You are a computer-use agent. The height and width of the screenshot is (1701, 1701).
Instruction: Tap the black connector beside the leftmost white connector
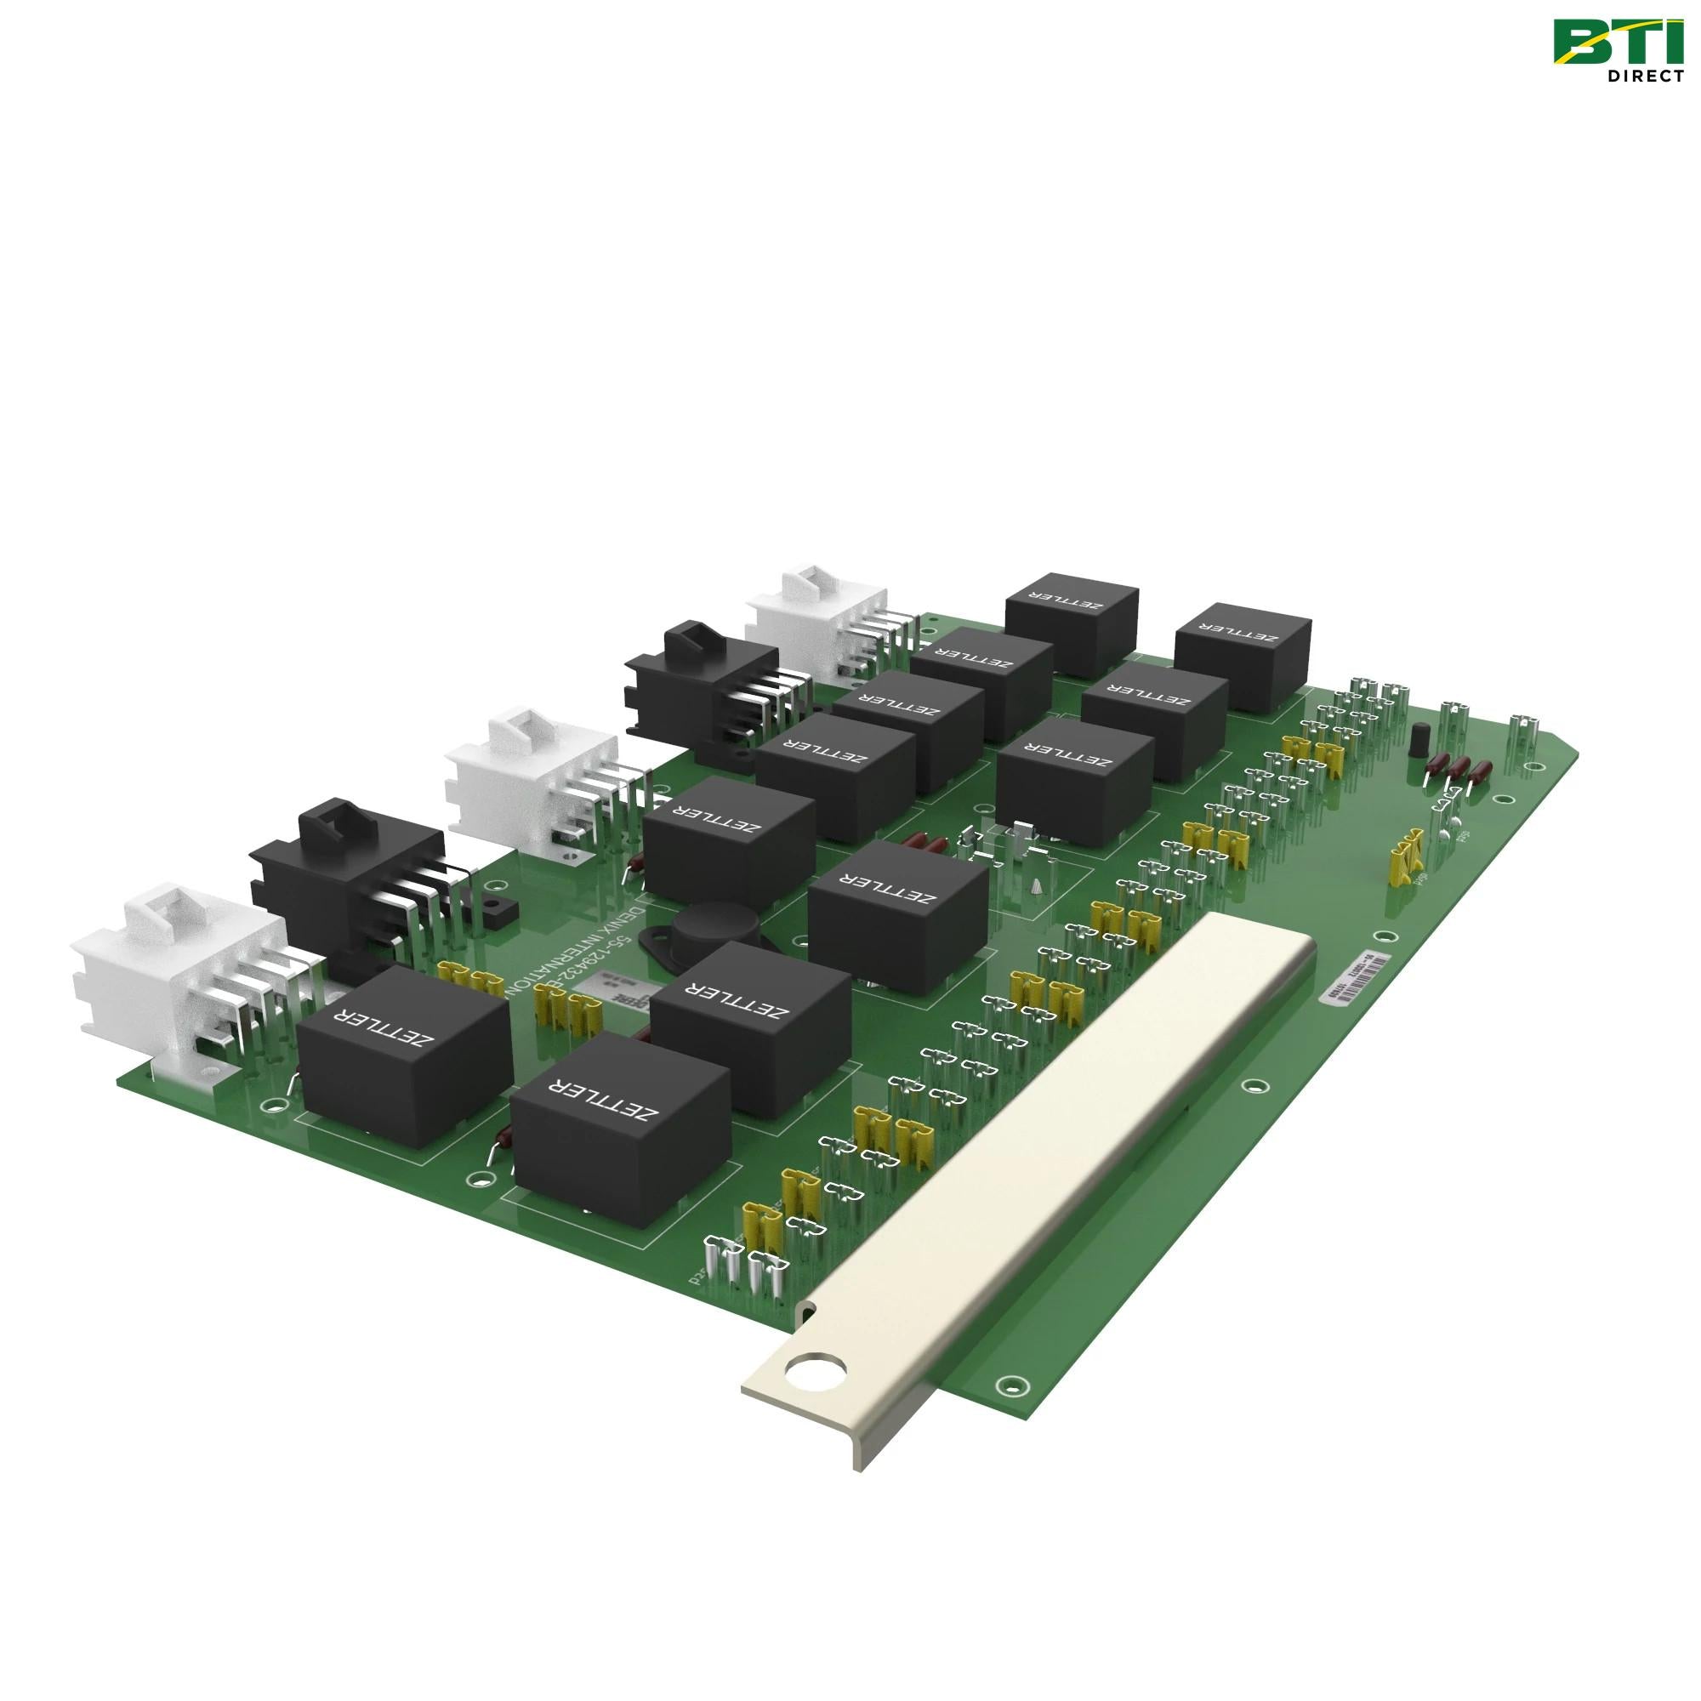point(352,872)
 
